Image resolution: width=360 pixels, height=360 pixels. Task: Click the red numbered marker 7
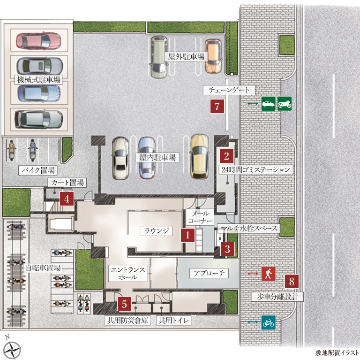coord(217,106)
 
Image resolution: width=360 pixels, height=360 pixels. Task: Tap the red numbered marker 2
coord(226,156)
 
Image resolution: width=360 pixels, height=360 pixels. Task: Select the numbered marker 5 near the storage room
coord(124,304)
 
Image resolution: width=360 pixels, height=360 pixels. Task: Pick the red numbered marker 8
coord(292,281)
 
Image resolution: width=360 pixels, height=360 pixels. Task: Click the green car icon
coord(269,104)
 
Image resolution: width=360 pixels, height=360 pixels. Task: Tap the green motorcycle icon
coord(285,104)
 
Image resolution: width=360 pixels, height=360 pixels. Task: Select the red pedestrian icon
coord(269,274)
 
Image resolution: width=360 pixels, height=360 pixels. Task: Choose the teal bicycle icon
coord(269,322)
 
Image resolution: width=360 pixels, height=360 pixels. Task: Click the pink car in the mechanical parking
coord(38,41)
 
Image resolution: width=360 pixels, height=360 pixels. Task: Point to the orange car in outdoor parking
coord(213,56)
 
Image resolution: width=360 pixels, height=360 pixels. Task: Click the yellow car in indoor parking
coord(200,157)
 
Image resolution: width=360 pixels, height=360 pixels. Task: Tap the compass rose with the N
coord(12,349)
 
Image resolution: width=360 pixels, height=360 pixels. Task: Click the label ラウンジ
coord(157,230)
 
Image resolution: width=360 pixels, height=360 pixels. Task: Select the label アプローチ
coord(209,273)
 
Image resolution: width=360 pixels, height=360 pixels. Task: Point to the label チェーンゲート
coord(229,90)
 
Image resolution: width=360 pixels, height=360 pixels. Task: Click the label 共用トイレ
coord(173,320)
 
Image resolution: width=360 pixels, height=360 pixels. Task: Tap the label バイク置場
coord(38,170)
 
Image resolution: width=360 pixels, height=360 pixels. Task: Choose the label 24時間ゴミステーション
coord(256,170)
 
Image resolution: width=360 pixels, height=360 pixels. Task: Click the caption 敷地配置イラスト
coord(337,352)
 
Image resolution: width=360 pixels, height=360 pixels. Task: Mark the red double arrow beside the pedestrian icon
coord(253,274)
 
